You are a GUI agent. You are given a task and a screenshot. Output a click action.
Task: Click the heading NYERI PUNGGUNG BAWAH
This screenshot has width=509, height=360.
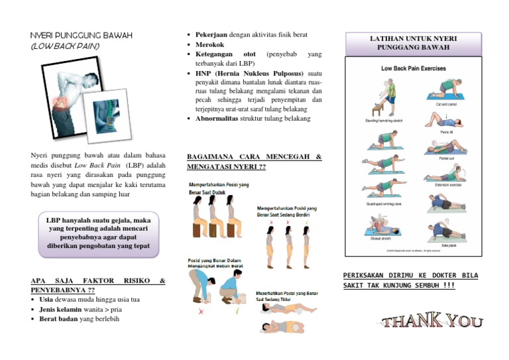coord(82,34)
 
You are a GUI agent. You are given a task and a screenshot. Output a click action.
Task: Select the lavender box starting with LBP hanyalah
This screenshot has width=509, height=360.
coord(99,235)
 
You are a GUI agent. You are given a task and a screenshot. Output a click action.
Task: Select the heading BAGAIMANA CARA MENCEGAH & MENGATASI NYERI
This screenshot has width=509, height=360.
coord(254,162)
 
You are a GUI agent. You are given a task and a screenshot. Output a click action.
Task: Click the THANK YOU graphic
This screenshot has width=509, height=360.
coord(433,322)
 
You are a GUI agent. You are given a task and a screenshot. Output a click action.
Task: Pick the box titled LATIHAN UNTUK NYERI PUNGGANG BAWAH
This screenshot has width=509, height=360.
coord(413,43)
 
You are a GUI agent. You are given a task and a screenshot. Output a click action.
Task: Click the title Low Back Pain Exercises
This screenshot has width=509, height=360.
coord(413,68)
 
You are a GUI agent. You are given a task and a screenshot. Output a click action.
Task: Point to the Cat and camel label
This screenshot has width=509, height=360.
coord(445,104)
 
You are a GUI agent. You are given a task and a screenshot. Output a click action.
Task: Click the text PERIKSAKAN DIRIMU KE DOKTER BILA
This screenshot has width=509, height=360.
coord(410,275)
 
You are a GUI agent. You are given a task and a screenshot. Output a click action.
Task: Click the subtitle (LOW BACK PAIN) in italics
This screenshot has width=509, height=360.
coord(65,46)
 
